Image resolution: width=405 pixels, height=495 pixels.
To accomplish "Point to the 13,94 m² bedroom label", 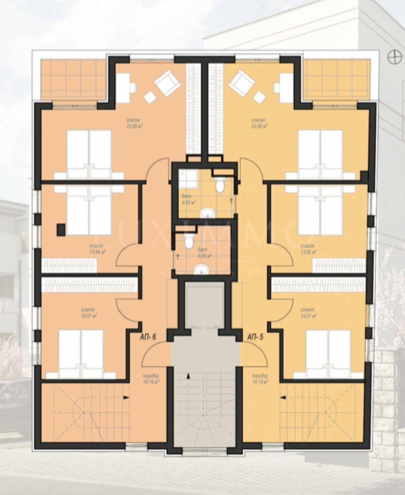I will tap(97, 249).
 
